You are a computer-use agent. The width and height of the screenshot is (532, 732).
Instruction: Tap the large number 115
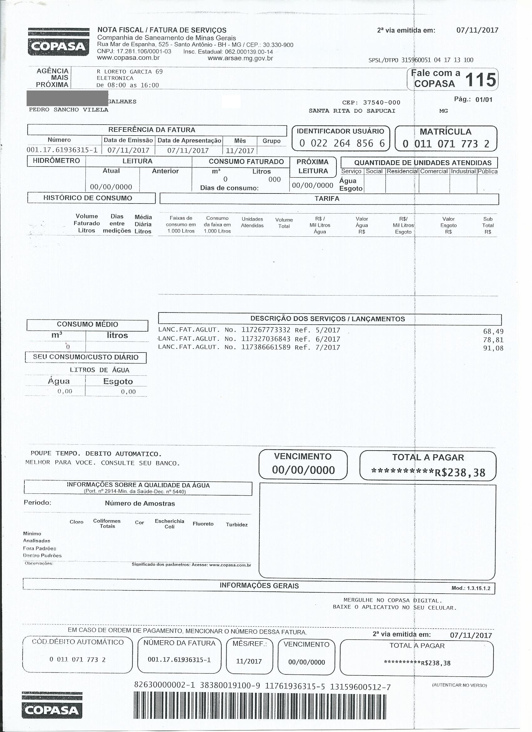coord(480,80)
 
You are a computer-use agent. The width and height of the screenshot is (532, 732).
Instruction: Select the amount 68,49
coord(493,332)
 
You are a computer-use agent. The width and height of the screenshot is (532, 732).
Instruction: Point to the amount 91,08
coord(493,348)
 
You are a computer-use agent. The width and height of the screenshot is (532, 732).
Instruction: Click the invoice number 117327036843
coord(265,339)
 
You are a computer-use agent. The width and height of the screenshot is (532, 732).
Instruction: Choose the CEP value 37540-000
coord(381,102)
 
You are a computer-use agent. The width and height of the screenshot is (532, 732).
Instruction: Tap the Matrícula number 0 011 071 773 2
coord(446,144)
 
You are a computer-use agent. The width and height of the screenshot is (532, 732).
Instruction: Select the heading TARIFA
coord(327,198)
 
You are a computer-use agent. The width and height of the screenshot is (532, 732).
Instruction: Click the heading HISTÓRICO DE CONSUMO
coord(88,198)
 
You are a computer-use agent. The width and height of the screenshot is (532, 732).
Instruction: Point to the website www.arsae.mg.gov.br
coord(240,59)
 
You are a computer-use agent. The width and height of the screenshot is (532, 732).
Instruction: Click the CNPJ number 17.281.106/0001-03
coord(144,51)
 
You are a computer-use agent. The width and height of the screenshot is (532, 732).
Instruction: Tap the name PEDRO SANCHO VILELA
coord(69,110)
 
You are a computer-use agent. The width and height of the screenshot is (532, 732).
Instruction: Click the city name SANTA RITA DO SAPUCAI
coord(352,111)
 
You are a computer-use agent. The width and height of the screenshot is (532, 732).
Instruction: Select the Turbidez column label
coord(237,525)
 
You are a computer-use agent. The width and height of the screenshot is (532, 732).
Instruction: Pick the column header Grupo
coord(271,141)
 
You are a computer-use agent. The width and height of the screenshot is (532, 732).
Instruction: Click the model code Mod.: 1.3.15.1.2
coord(471,588)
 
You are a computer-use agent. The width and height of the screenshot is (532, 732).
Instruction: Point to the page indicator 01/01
coord(483,100)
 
